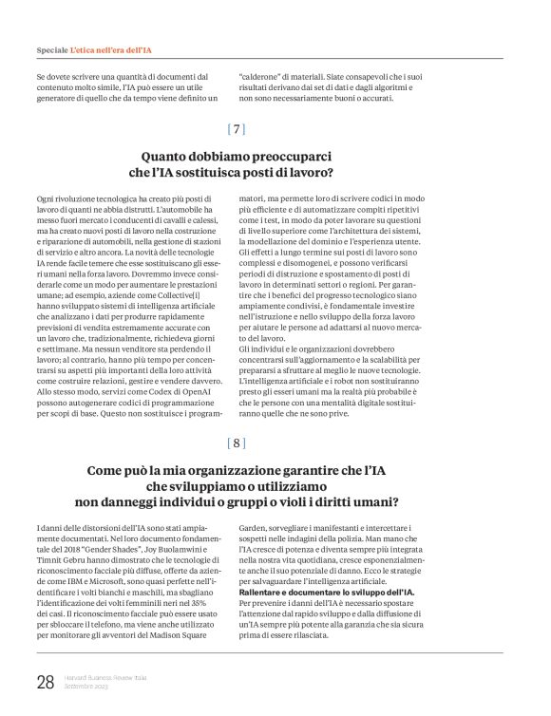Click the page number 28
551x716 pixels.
click(x=45, y=682)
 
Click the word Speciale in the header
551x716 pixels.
click(x=51, y=47)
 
